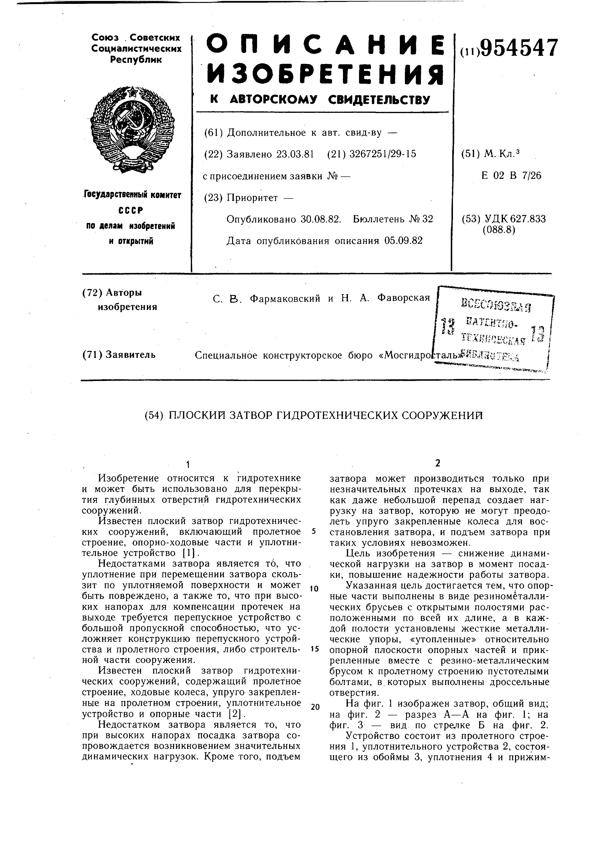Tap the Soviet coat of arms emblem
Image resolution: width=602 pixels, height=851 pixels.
(x=132, y=129)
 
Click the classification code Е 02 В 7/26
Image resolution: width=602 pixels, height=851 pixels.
(x=511, y=175)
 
